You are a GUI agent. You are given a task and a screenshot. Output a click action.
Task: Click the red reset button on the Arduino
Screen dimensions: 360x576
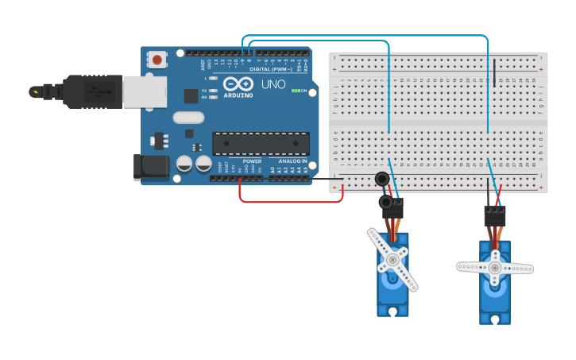point(157,60)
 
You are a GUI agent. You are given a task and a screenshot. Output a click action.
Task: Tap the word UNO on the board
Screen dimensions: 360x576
point(273,84)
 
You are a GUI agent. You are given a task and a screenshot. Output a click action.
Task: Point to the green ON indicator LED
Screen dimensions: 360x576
point(296,91)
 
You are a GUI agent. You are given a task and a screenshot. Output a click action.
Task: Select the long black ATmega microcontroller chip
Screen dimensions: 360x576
point(261,144)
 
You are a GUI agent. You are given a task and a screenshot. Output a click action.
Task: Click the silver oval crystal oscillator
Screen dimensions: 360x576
point(188,118)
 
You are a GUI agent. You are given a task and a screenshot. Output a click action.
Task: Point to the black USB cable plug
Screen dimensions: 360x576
point(91,91)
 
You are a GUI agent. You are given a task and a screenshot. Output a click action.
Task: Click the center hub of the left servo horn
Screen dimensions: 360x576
point(392,260)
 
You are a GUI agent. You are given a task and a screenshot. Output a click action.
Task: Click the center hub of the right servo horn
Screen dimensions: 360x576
point(495,269)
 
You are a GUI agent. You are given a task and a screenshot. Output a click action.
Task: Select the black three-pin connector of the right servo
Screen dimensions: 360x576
point(494,215)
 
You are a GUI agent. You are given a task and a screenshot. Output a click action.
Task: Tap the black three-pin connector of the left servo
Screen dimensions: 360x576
point(392,208)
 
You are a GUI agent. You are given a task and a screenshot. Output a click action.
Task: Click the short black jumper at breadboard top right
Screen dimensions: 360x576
point(494,72)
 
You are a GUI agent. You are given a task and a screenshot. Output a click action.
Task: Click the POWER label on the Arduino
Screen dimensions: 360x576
point(252,161)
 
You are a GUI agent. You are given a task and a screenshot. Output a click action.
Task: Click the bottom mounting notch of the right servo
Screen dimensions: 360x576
point(495,319)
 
